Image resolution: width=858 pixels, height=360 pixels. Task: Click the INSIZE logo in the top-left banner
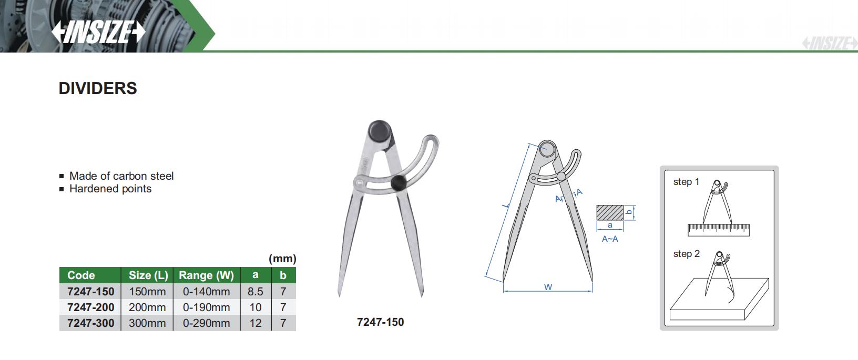click(98, 32)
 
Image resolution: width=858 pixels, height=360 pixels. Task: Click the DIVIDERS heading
click(98, 88)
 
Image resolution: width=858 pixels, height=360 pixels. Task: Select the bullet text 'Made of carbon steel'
click(121, 176)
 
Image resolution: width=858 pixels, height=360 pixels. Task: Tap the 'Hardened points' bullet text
click(110, 189)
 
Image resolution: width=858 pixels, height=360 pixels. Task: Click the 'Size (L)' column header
click(148, 275)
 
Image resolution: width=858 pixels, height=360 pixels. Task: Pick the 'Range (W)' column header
click(207, 275)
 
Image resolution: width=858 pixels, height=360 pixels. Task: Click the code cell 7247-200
click(91, 307)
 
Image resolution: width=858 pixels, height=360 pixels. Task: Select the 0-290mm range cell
click(207, 323)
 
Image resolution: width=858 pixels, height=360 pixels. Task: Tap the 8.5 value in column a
click(255, 292)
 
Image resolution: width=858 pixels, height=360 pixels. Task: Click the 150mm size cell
click(147, 292)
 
